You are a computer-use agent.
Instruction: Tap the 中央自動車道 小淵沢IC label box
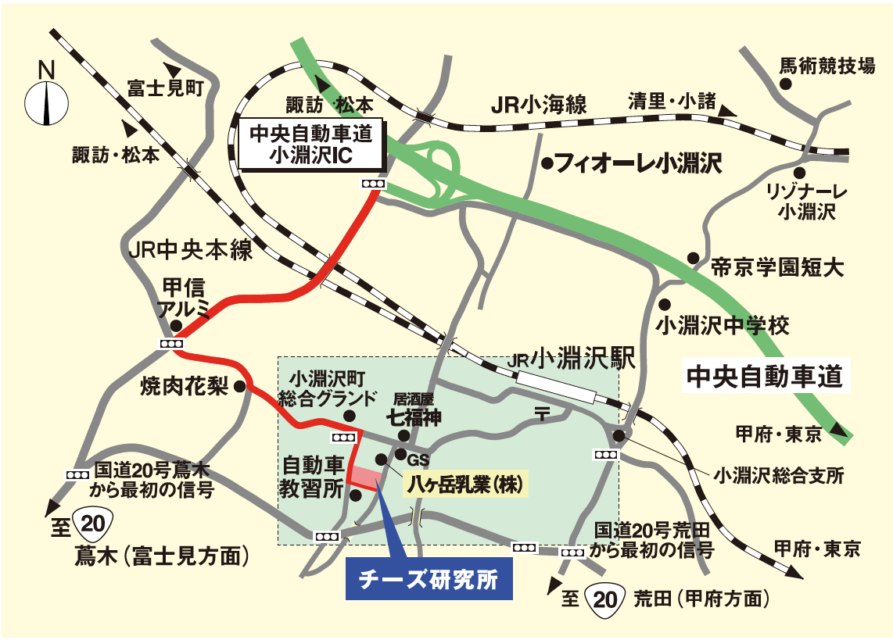[x=311, y=145]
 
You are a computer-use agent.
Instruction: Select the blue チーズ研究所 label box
[x=429, y=579]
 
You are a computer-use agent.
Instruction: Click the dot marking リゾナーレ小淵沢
[x=799, y=172]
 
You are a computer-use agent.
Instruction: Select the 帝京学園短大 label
[x=776, y=268]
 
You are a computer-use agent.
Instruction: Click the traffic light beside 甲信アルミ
[x=171, y=345]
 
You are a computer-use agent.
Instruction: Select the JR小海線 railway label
[x=539, y=105]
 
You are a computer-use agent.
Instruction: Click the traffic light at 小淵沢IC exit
[x=373, y=184]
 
